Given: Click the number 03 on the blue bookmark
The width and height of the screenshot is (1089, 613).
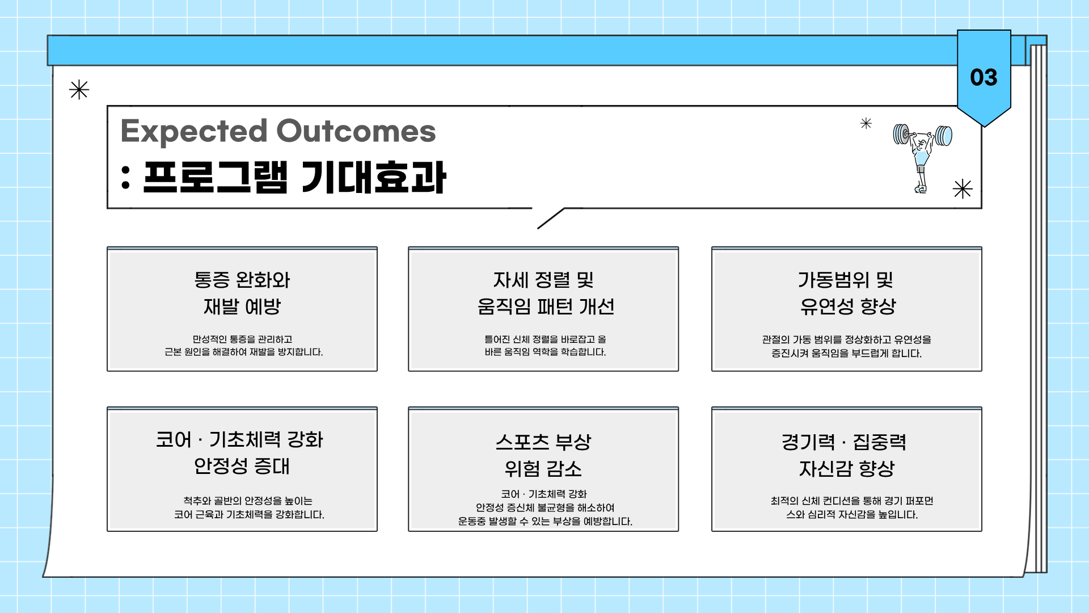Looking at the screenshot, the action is (x=984, y=78).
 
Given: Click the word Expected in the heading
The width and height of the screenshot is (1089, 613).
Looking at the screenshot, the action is (x=194, y=131).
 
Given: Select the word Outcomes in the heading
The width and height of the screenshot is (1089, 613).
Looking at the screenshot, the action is (x=356, y=131).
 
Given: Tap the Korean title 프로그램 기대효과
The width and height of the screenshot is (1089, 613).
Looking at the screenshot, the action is (x=294, y=177).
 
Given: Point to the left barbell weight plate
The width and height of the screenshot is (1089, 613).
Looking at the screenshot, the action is (x=901, y=135).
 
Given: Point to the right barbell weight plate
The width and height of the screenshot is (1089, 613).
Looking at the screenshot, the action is (x=944, y=136).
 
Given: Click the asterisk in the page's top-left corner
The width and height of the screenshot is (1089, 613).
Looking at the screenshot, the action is (x=79, y=90).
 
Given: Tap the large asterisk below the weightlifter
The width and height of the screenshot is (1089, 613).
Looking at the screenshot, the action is (x=963, y=188).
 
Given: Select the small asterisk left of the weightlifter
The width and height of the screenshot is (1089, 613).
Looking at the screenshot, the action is (x=866, y=123).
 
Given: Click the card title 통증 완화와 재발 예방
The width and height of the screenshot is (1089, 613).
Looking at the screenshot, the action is (x=242, y=293).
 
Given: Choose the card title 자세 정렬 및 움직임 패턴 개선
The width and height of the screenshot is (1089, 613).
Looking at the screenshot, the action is (x=546, y=293).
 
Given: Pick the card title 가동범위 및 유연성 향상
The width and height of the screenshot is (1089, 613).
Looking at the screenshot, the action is (x=847, y=293).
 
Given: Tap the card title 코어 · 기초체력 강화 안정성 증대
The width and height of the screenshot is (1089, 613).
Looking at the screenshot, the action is (x=240, y=452).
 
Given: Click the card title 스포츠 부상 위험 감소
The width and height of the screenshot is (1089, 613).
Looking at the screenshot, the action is (x=543, y=455).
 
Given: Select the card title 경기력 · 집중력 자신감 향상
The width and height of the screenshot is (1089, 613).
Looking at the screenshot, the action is (x=845, y=455).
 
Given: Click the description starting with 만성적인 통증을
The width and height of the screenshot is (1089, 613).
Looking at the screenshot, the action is (x=243, y=346).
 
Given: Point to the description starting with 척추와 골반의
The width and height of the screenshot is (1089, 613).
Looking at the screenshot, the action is (x=249, y=507).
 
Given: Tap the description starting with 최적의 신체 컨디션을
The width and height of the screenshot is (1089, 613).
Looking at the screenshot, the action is (x=851, y=507).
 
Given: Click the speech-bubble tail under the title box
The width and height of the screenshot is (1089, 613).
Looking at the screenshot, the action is (x=551, y=219).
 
